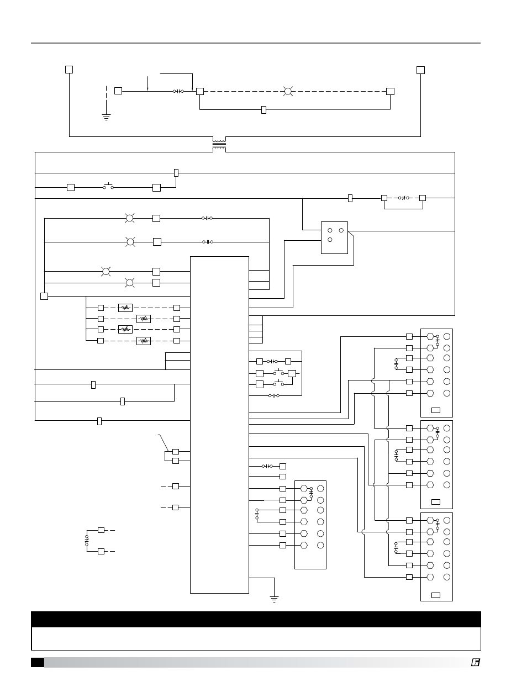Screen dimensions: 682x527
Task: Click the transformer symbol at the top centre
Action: (x=219, y=145)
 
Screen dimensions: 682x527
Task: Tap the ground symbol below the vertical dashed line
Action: (x=106, y=117)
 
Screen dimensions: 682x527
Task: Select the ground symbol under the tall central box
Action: (x=274, y=598)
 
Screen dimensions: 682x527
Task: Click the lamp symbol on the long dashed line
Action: (x=287, y=91)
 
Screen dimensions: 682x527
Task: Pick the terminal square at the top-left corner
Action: (x=69, y=70)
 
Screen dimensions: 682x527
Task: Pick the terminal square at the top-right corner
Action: (x=420, y=70)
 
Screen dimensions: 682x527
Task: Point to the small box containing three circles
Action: (x=334, y=237)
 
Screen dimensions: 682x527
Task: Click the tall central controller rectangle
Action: (x=219, y=424)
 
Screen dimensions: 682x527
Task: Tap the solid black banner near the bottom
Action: (x=256, y=619)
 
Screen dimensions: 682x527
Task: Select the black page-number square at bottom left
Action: (x=38, y=662)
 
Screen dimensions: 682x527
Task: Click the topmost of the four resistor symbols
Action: (x=125, y=308)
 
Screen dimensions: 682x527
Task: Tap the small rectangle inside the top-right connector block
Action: (x=436, y=410)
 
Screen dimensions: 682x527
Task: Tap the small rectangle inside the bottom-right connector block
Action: (x=436, y=594)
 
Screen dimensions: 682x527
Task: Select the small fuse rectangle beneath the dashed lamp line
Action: (x=263, y=110)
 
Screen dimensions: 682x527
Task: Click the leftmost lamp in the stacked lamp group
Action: (x=106, y=271)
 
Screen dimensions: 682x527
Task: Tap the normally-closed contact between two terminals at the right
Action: (x=403, y=198)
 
